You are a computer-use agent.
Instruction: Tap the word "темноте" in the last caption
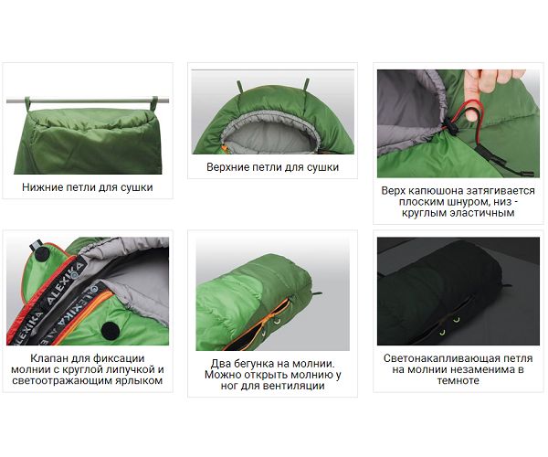[458, 381]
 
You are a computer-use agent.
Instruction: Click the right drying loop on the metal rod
[154, 103]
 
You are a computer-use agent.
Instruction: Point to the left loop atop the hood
[240, 87]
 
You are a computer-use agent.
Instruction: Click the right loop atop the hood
[307, 84]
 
